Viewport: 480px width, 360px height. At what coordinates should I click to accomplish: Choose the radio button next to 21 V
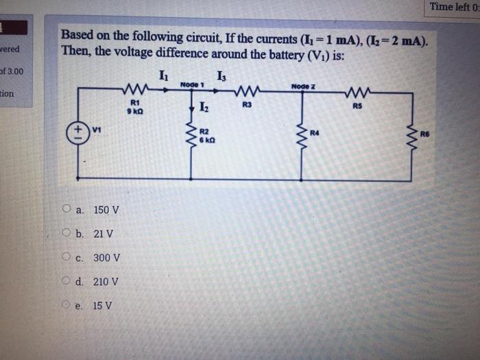(67, 234)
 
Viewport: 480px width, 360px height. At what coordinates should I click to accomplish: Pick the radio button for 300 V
(67, 258)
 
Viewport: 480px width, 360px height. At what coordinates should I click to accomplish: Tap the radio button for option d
(67, 282)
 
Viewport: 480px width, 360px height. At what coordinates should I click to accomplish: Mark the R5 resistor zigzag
(357, 92)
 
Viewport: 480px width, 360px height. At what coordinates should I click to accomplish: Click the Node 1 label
(193, 84)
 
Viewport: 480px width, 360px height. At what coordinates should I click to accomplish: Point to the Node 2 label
(302, 86)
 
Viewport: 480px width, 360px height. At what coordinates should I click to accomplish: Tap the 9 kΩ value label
(132, 110)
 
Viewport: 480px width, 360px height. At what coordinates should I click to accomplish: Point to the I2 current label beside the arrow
(204, 106)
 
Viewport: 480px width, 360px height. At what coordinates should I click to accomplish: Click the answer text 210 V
(106, 282)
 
